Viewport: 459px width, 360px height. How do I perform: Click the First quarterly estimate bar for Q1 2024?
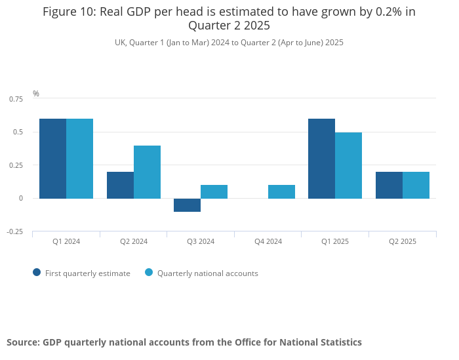(x=52, y=158)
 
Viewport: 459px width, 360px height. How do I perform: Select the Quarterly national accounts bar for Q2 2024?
(x=147, y=172)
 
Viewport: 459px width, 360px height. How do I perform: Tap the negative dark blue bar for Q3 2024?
(x=187, y=205)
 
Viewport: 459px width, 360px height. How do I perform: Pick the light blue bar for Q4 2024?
(x=281, y=191)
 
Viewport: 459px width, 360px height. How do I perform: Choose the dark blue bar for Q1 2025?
(x=321, y=158)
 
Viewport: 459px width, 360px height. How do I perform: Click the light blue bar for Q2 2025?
(x=416, y=185)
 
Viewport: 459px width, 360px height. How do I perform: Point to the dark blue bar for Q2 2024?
(x=120, y=185)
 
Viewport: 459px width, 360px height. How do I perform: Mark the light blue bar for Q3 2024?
(x=214, y=191)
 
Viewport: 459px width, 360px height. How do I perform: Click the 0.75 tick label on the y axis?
(x=16, y=99)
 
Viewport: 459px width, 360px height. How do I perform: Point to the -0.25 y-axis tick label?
(x=16, y=231)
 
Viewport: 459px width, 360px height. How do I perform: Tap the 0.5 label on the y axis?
(x=18, y=132)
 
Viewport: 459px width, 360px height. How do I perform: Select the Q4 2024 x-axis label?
(x=268, y=241)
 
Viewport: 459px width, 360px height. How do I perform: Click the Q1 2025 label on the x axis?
(x=335, y=241)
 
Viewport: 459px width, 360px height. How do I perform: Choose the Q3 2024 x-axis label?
(x=201, y=241)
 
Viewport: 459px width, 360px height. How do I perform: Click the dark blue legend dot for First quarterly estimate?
(x=37, y=273)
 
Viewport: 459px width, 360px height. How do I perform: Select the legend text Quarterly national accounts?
(x=207, y=273)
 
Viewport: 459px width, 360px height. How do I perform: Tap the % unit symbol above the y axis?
(x=36, y=94)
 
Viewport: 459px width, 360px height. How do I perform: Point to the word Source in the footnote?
(x=23, y=342)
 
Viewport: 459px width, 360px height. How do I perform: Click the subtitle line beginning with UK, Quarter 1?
(x=229, y=42)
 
